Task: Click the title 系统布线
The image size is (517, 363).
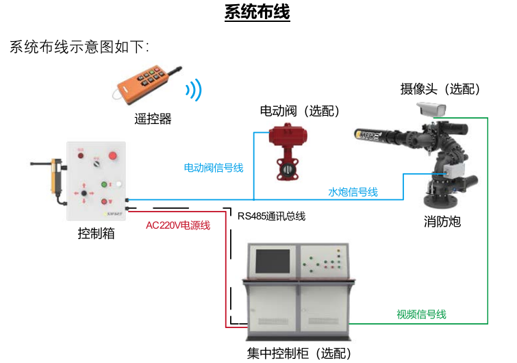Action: tap(257, 13)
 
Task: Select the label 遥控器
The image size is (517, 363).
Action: tap(153, 119)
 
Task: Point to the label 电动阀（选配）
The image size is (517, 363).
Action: tap(301, 110)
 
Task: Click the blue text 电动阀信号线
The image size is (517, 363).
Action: tap(214, 167)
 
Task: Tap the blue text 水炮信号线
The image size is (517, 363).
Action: tap(353, 192)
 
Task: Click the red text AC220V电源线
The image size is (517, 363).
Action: tap(178, 225)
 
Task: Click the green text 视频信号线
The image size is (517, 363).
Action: tap(421, 314)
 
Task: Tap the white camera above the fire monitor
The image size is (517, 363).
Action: tap(431, 109)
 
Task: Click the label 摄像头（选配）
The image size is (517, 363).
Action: tap(441, 89)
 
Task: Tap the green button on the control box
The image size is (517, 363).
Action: tap(105, 184)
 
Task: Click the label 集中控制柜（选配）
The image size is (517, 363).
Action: tap(299, 353)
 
